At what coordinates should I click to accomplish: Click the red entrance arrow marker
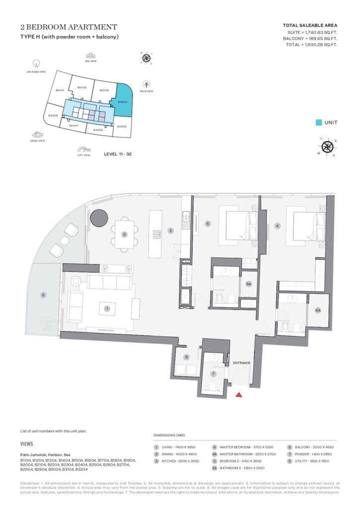238,395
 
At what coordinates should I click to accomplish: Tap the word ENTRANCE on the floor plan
241,363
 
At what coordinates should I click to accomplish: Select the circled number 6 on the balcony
43,295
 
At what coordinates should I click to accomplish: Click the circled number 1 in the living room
107,308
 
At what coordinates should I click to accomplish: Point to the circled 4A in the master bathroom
318,310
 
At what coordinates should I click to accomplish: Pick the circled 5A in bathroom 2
249,284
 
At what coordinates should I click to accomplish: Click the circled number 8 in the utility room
186,357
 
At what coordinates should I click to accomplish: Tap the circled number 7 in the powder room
214,374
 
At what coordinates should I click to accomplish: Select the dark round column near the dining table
98,217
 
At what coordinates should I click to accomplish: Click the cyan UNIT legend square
319,123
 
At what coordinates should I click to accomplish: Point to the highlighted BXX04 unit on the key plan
124,103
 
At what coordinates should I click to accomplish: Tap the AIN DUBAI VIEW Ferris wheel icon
36,63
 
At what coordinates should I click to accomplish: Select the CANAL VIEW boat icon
38,134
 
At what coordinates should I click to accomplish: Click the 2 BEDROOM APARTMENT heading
69,27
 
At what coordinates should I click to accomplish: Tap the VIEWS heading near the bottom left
27,444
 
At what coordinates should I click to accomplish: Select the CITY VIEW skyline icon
83,149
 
